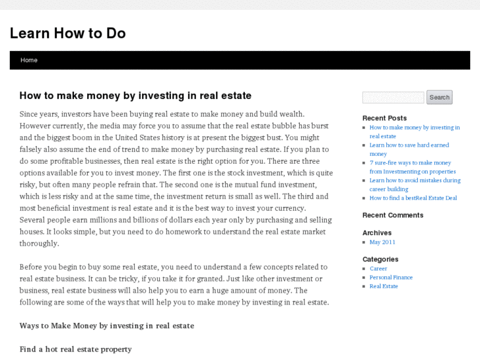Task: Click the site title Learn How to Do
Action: click(x=67, y=33)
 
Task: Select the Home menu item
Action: click(x=29, y=60)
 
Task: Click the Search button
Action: click(x=439, y=97)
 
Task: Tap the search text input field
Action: click(x=393, y=98)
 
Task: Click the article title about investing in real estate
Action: click(x=135, y=96)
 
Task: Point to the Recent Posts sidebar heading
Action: click(x=384, y=118)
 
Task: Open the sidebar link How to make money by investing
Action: click(x=414, y=127)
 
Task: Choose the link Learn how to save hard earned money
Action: click(x=409, y=145)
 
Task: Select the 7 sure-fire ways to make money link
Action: click(x=410, y=162)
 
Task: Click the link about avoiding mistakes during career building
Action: click(x=415, y=180)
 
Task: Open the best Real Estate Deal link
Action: click(x=413, y=198)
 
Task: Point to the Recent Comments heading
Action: click(x=393, y=215)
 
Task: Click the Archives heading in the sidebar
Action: click(x=377, y=233)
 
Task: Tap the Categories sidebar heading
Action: click(x=380, y=260)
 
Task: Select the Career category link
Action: click(x=378, y=269)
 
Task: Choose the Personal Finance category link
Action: click(x=391, y=277)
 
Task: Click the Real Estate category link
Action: click(x=384, y=286)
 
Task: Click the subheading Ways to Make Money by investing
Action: click(x=106, y=326)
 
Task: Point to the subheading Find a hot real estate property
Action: click(x=75, y=349)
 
